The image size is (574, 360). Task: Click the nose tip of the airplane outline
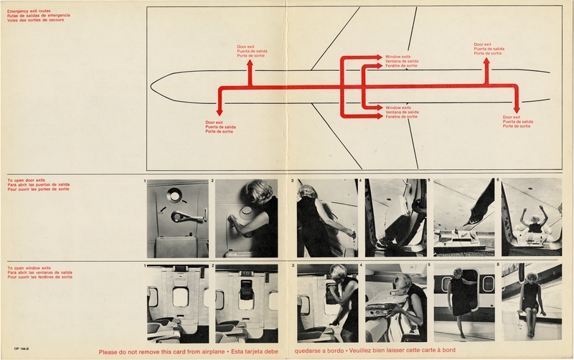(x=152, y=80)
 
